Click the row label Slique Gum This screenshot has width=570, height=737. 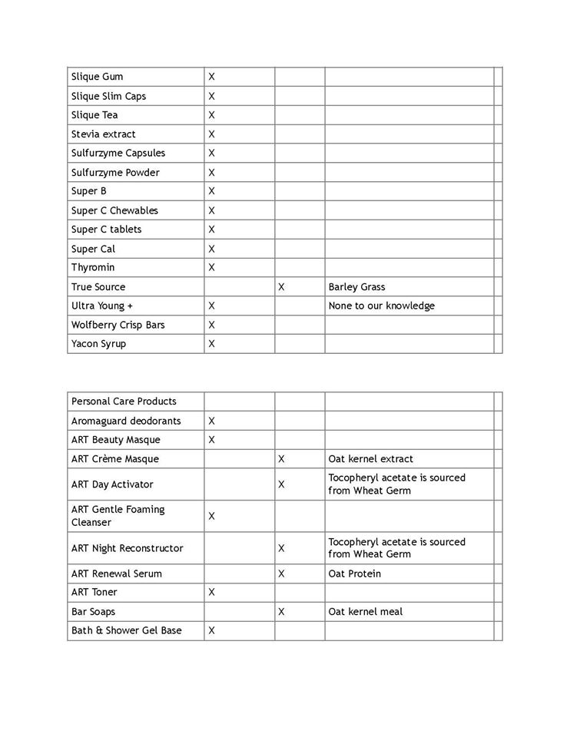pyautogui.click(x=97, y=77)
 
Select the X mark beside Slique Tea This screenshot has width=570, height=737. pyautogui.click(x=212, y=115)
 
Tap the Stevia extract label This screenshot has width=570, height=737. pyautogui.click(x=103, y=134)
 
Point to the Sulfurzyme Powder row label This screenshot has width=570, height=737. pyautogui.click(x=115, y=173)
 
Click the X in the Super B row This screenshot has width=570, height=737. pyautogui.click(x=212, y=191)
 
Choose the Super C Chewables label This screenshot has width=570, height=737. pyautogui.click(x=114, y=210)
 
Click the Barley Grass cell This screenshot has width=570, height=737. pyautogui.click(x=356, y=287)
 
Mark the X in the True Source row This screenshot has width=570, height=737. pyautogui.click(x=282, y=287)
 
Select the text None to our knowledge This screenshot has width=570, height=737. pyautogui.click(x=381, y=306)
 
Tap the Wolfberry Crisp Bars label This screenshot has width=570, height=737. pyautogui.click(x=118, y=325)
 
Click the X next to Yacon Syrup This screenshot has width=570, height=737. pyautogui.click(x=212, y=344)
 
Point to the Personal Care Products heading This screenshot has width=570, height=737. pyautogui.click(x=124, y=402)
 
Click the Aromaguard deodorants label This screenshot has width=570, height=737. pyautogui.click(x=126, y=421)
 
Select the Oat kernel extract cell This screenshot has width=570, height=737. pyautogui.click(x=370, y=459)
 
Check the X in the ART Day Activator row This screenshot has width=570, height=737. pyautogui.click(x=282, y=484)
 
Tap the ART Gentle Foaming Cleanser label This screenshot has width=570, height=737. pyautogui.click(x=118, y=516)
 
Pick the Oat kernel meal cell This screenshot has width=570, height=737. pyautogui.click(x=365, y=612)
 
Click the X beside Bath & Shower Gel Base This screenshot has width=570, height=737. pyautogui.click(x=212, y=630)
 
